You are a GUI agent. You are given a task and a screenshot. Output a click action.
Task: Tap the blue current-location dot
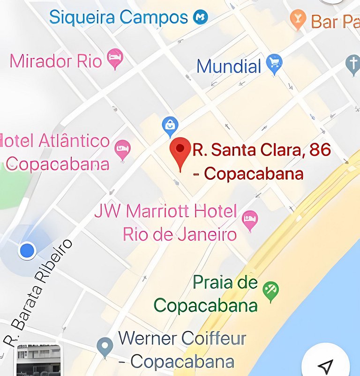coord(27,251)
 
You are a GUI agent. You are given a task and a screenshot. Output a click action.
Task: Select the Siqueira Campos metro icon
coord(200,18)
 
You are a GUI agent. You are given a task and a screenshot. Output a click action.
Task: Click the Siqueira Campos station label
coord(118,18)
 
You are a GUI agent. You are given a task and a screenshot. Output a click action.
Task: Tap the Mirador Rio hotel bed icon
coord(115,59)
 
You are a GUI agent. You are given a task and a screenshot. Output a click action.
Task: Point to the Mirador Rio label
coord(56,61)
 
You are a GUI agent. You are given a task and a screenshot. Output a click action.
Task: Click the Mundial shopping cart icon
coord(274,64)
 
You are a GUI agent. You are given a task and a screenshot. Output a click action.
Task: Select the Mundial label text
coord(228,66)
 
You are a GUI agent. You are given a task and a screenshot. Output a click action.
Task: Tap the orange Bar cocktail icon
coord(298,19)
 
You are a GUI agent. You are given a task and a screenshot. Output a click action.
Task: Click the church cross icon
coord(353,64)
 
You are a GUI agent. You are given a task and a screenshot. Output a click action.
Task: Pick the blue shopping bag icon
coord(170,125)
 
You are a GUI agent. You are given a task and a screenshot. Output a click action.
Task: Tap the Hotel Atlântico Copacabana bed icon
coord(122,149)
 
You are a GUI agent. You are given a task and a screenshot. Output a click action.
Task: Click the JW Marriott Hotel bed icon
coord(250,220)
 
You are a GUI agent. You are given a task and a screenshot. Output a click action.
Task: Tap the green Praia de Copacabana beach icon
coord(270,290)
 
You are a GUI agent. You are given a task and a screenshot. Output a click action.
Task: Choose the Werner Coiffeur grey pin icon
coord(105,347)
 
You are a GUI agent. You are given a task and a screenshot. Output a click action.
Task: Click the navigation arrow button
coord(325,365)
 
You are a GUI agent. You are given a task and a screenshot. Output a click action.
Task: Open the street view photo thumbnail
coord(38,361)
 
